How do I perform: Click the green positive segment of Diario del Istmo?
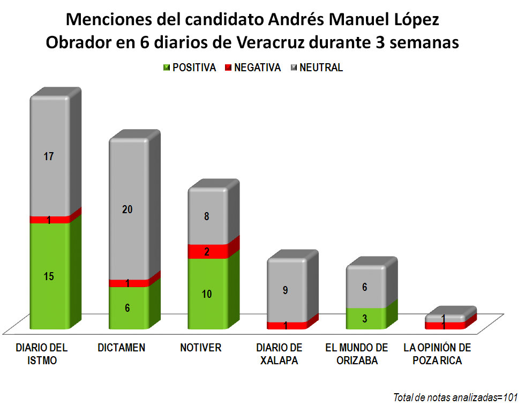(50, 276)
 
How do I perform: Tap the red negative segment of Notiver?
(208, 251)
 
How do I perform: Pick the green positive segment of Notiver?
(208, 294)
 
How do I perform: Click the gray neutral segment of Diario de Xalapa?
(287, 290)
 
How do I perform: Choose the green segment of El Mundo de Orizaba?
(365, 318)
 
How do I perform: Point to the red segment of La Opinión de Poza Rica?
(444, 325)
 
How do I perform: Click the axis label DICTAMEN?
(122, 348)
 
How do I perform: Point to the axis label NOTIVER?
(201, 348)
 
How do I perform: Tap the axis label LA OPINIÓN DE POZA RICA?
(437, 354)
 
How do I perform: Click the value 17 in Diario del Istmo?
(49, 157)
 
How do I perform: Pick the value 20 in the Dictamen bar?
(127, 210)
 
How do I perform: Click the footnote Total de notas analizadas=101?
(455, 397)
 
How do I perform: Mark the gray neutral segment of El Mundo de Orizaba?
(365, 287)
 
